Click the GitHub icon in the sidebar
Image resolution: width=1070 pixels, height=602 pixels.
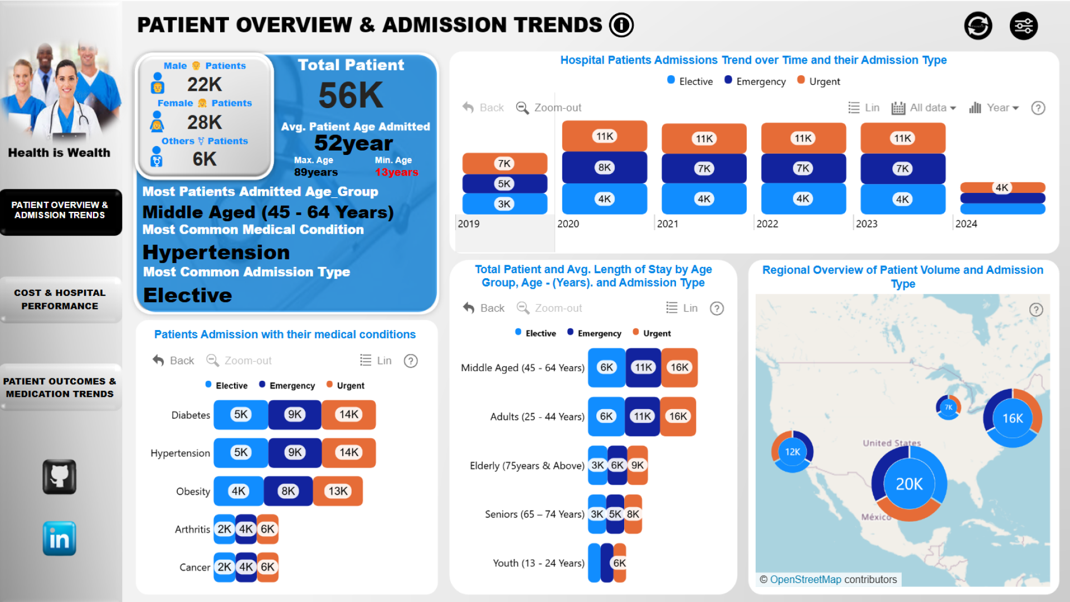[x=60, y=477]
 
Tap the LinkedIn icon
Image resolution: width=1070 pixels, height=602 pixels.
[x=60, y=538]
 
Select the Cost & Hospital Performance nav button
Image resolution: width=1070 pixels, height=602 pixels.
[x=60, y=300]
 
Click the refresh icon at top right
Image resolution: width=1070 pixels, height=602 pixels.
[x=978, y=26]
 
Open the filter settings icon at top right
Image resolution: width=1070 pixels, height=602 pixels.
[x=1024, y=26]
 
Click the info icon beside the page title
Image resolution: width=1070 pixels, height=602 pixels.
[x=621, y=25]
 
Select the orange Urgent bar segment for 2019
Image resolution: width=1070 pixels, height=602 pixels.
[x=504, y=163]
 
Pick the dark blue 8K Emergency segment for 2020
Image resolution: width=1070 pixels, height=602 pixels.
[x=605, y=167]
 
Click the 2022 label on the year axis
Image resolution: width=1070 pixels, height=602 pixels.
[x=767, y=224]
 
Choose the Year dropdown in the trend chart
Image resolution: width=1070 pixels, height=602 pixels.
[x=995, y=108]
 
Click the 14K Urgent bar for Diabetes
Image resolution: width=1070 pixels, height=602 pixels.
[x=349, y=415]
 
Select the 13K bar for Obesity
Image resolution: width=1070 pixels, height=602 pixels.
[x=338, y=491]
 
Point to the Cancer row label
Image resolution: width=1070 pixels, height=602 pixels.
[x=194, y=567]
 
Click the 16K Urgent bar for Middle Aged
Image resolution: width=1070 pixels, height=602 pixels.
[x=679, y=367]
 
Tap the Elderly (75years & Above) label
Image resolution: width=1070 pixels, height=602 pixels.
[x=527, y=465]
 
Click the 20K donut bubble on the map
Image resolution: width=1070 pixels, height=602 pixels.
[x=909, y=484]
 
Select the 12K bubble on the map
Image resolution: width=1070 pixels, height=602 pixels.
[x=792, y=452]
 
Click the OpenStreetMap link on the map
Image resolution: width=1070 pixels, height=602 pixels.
[x=805, y=580]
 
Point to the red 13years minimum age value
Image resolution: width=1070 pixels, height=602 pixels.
[x=396, y=172]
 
